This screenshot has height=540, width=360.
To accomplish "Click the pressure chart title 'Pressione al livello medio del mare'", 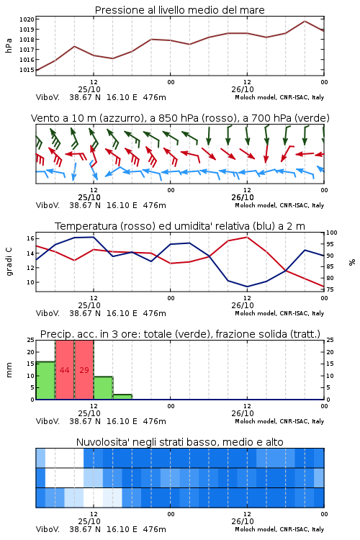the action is pos(179,10).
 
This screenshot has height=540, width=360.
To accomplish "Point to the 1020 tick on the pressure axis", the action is pos(27,19).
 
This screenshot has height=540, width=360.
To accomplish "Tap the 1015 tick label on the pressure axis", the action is pos(27,70).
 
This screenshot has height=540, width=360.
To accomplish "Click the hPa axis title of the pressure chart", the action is pos(9,45).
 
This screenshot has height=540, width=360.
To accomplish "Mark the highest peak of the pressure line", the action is pos(305,21).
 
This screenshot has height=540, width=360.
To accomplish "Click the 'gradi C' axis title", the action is pos(9,261).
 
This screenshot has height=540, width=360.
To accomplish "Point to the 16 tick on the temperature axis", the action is pos(30,238).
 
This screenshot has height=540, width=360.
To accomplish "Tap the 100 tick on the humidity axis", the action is pos(332,233).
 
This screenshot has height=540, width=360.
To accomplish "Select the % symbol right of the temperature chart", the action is pos(352,262).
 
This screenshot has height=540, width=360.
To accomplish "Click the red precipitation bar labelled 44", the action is pos(64,370).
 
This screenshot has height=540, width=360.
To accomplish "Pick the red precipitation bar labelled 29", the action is pos(84,370).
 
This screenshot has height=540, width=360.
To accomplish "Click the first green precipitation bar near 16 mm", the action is pos(45,381).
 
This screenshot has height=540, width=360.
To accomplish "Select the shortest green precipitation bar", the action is pos(122,397).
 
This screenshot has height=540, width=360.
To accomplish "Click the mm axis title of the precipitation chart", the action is pos(9,369).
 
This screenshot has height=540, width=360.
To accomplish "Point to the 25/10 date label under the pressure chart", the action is pos(89,89).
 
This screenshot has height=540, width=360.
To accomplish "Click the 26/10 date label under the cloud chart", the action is pos(243,521).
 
